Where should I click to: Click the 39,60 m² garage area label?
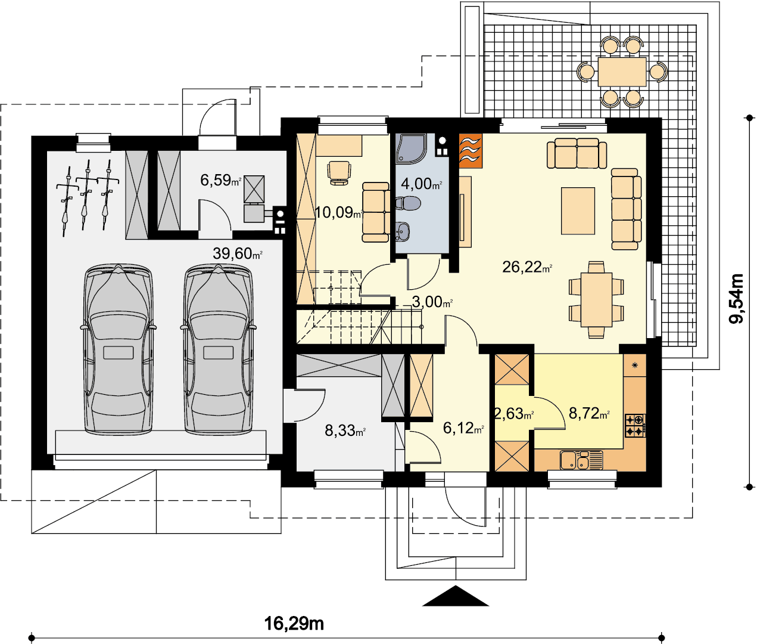(237, 253)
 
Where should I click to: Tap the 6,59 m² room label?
(220, 180)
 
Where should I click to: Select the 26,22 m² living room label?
(527, 267)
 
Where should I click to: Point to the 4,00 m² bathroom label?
(421, 184)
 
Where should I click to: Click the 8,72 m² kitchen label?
(589, 413)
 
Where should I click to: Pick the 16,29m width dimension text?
(294, 623)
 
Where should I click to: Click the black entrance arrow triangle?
(455, 596)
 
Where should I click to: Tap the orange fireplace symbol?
(471, 151)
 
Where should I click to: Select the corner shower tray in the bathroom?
(410, 147)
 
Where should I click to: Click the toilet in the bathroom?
(409, 203)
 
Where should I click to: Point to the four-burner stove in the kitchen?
(635, 425)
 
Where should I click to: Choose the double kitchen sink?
(581, 460)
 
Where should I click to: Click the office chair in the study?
(339, 173)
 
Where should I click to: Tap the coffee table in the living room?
(578, 211)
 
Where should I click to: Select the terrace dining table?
(622, 72)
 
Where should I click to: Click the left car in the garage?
(119, 349)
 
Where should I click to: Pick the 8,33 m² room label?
(345, 431)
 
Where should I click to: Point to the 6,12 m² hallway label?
(463, 428)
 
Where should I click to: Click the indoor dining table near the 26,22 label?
(597, 299)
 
